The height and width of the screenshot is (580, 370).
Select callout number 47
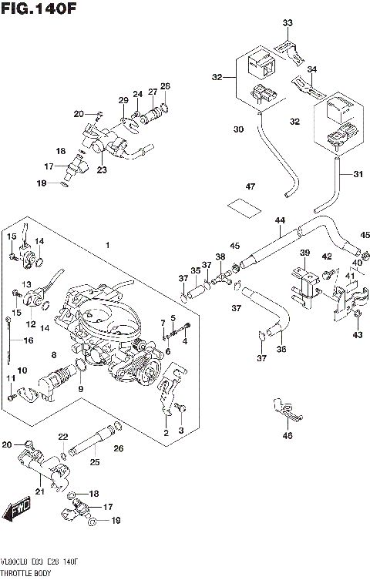[250, 187]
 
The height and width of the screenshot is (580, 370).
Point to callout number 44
[281, 221]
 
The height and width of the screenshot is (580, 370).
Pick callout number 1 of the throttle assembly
[108, 245]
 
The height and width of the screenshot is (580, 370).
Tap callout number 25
[94, 462]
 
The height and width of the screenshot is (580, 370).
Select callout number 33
[288, 23]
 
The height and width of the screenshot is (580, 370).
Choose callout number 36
[281, 349]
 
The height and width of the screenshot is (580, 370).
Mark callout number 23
[102, 170]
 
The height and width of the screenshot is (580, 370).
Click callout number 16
[29, 340]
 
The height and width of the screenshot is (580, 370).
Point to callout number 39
[304, 253]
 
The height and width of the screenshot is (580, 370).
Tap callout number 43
[357, 334]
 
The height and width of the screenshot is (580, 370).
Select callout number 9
[79, 389]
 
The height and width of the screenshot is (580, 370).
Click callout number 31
[357, 174]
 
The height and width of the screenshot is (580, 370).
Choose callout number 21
[39, 490]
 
